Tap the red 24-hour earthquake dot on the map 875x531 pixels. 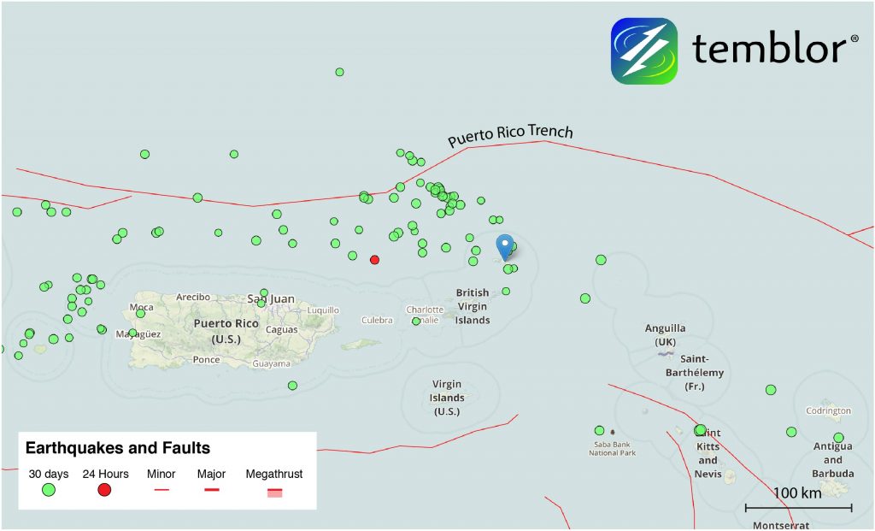pyautogui.click(x=374, y=259)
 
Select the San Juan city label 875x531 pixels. pyautogui.click(x=270, y=299)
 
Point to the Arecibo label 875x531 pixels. pyautogui.click(x=193, y=297)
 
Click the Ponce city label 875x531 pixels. pyautogui.click(x=206, y=360)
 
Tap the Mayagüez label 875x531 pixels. pyautogui.click(x=138, y=334)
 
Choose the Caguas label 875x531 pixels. pyautogui.click(x=282, y=329)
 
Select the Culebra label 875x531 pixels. pyautogui.click(x=377, y=321)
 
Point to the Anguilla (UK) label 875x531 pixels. pyautogui.click(x=666, y=335)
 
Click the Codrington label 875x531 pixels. pyautogui.click(x=828, y=411)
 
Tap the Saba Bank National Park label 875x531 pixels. pyautogui.click(x=613, y=448)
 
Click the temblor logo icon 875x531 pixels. pyautogui.click(x=644, y=50)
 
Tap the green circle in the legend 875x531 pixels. pyautogui.click(x=49, y=490)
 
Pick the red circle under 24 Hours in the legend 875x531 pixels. pyautogui.click(x=105, y=490)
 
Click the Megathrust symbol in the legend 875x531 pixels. pyautogui.click(x=274, y=492)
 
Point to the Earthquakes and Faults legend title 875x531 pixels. pyautogui.click(x=118, y=448)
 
